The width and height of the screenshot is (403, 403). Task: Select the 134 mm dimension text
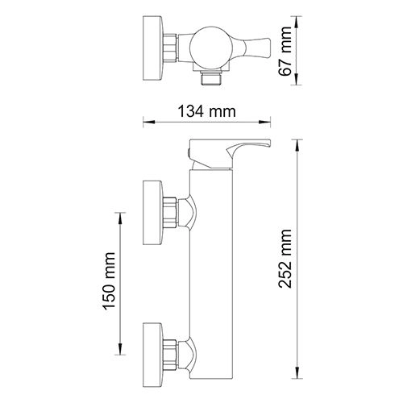coord(197,110)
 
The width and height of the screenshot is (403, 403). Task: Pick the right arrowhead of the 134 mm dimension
coord(248,123)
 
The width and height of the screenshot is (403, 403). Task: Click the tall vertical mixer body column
coord(207,266)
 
